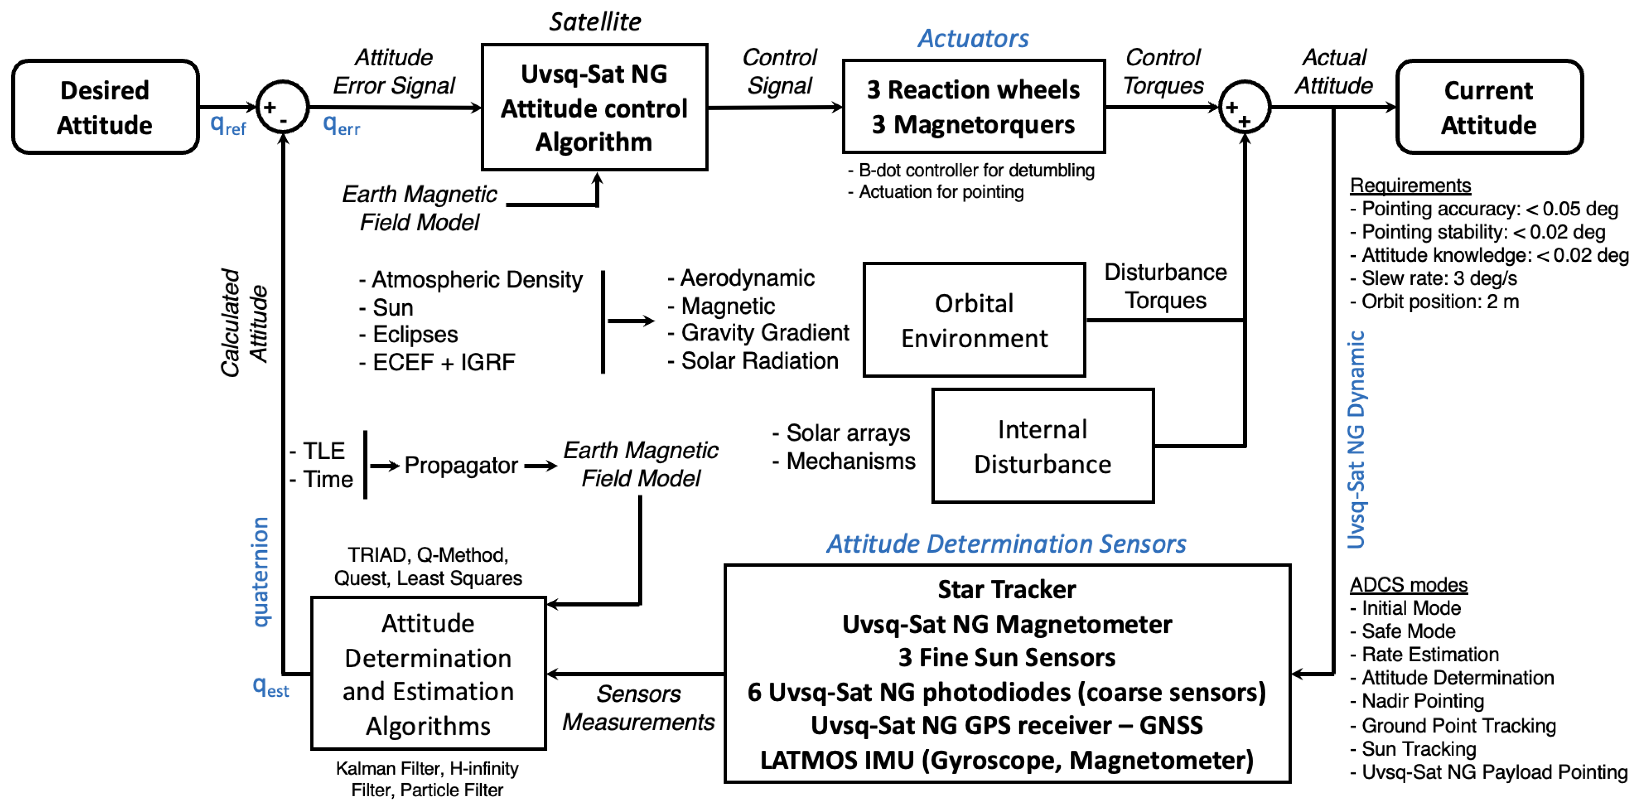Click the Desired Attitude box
[x=105, y=107]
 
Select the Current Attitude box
[x=1488, y=107]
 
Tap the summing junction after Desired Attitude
[x=283, y=107]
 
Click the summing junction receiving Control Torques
[x=1244, y=107]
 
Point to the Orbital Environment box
[x=974, y=320]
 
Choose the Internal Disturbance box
[x=1042, y=446]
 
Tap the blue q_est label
[x=271, y=687]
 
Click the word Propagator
[x=461, y=466]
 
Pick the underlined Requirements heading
[x=1410, y=185]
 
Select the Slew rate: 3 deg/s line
[x=1439, y=278]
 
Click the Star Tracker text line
[x=1007, y=589]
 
